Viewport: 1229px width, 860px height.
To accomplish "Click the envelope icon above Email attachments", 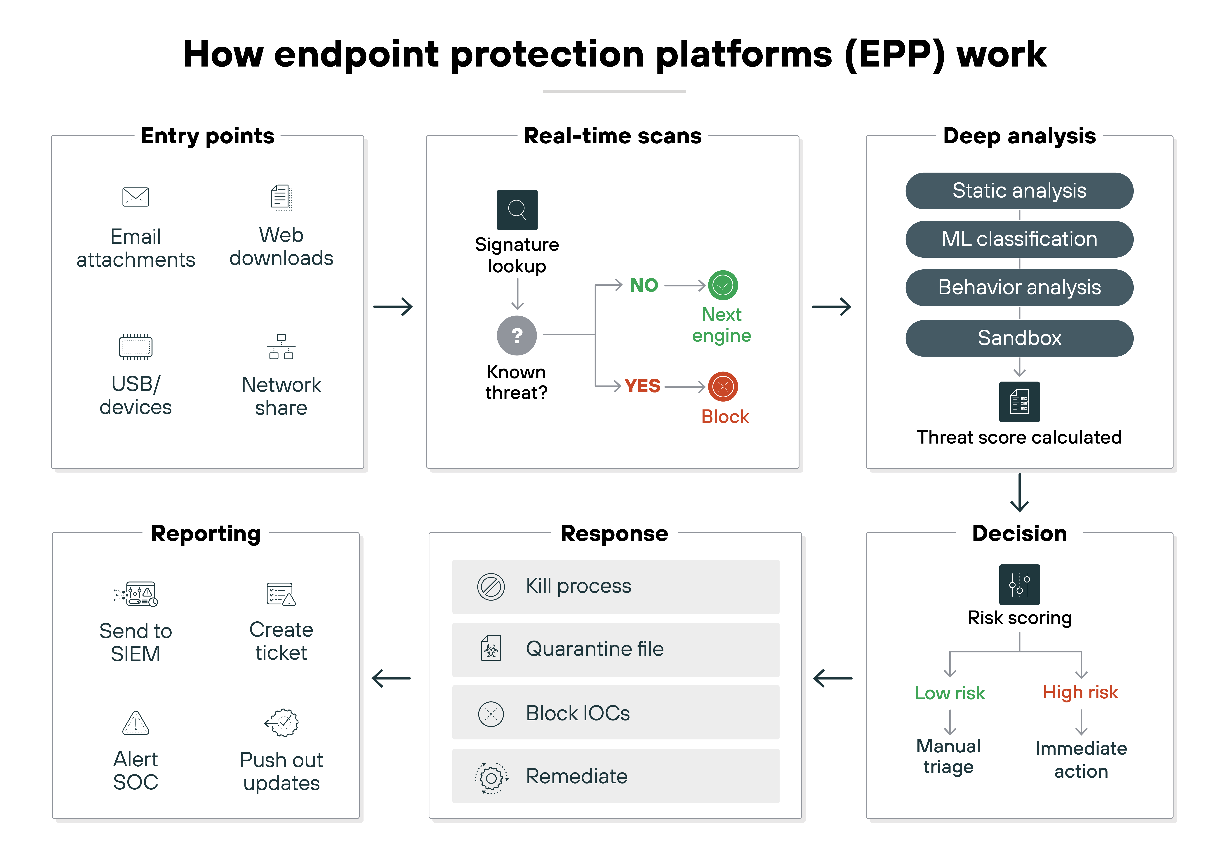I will (135, 197).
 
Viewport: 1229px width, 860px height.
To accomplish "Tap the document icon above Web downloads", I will (281, 198).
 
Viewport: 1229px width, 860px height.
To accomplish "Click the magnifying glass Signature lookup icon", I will (517, 210).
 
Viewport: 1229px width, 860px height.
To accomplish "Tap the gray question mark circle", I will (517, 336).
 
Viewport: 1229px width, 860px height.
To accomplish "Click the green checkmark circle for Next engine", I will (723, 285).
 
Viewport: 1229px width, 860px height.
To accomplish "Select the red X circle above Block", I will (723, 386).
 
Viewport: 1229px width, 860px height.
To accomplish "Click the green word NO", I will (643, 285).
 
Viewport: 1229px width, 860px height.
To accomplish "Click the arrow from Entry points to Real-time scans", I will (393, 307).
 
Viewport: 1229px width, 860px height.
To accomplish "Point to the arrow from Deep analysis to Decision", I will (1019, 492).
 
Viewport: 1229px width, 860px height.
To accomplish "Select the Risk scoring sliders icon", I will (1019, 584).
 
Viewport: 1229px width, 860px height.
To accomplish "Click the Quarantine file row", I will (616, 649).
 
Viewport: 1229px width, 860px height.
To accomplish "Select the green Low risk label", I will (950, 693).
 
